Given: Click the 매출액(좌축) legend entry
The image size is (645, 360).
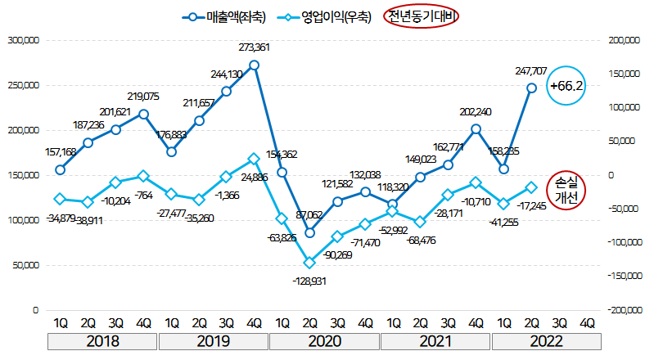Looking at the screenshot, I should [x=224, y=16].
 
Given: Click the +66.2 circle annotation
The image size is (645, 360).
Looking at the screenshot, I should [x=566, y=85].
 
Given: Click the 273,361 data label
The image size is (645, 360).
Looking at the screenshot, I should [x=254, y=47].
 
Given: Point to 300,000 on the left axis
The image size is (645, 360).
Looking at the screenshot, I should [x=23, y=39].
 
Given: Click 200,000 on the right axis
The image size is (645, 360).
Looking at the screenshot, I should [x=620, y=39].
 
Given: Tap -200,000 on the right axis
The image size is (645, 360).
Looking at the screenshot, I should [x=618, y=311].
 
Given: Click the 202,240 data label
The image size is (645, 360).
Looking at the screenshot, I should [x=476, y=112].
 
